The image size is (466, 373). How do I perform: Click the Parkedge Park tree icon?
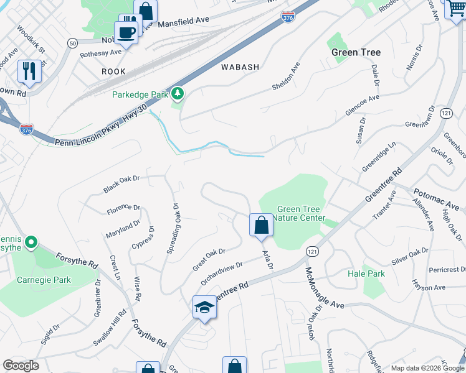point(178,94)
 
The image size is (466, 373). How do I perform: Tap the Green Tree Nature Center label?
point(301,214)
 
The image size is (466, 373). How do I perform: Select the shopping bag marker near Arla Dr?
point(261,225)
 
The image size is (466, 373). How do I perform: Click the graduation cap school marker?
point(204,307)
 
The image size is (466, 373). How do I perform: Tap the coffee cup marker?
point(126,32)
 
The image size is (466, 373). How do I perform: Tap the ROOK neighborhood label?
point(113,72)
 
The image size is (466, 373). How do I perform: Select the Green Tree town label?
point(356,52)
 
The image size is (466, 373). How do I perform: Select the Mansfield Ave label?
point(183,21)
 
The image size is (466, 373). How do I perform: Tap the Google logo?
point(21,366)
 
